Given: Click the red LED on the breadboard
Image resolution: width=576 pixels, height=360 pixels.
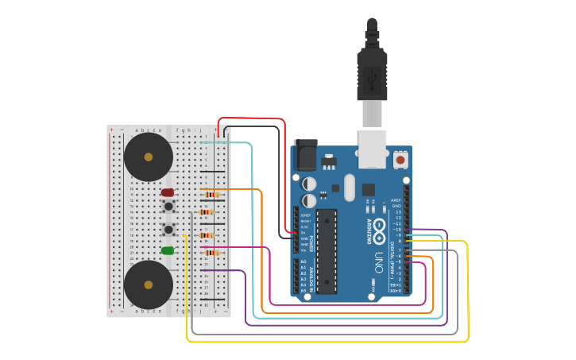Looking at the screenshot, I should pyautogui.click(x=168, y=192).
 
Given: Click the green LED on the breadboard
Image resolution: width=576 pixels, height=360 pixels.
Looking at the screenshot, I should pyautogui.click(x=168, y=250).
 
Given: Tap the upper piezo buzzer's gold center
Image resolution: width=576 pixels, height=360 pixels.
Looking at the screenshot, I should pyautogui.click(x=148, y=157).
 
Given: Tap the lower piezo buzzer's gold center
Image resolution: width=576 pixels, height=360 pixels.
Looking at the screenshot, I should pyautogui.click(x=148, y=284).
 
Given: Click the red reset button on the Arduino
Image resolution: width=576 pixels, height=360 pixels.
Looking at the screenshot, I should pyautogui.click(x=400, y=160).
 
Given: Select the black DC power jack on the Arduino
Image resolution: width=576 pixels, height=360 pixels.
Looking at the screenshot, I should pyautogui.click(x=305, y=156).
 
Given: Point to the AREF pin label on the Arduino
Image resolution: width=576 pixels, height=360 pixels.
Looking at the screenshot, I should pyautogui.click(x=396, y=200).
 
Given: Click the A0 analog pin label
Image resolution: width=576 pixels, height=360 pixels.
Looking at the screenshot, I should pyautogui.click(x=303, y=261).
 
